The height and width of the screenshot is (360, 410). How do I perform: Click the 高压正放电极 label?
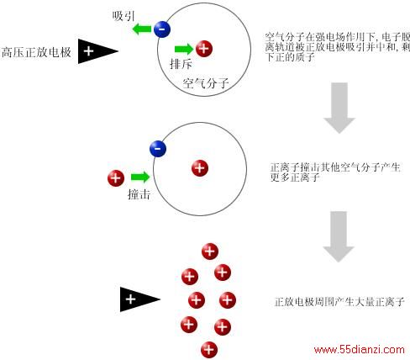tap(36, 52)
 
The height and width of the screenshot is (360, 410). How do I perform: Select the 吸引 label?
tap(124, 16)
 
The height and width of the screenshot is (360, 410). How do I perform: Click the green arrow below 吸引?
tap(141, 29)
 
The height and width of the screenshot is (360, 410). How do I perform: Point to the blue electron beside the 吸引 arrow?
tap(162, 29)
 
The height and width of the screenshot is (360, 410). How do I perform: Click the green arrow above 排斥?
tap(184, 49)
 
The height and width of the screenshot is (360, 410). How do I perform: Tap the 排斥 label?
tap(181, 64)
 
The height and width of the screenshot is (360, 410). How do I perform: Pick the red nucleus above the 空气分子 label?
tap(204, 49)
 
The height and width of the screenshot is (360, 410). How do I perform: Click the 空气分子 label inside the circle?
tap(206, 83)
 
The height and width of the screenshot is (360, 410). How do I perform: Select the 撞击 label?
tap(139, 194)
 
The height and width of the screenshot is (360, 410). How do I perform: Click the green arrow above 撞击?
tap(140, 177)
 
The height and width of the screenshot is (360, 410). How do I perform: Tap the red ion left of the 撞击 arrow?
tap(116, 178)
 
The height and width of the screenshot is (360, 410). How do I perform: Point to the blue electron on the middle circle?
tap(158, 149)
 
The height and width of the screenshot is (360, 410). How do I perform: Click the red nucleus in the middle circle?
tap(200, 168)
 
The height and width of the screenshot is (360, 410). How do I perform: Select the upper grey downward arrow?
tap(339, 108)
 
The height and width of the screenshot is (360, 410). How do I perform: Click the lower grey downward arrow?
tap(339, 236)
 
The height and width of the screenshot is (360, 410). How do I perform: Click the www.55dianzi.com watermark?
tap(360, 350)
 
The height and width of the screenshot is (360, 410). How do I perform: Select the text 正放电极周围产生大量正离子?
tap(339, 302)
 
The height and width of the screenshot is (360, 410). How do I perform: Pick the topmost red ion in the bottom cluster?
tap(210, 251)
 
